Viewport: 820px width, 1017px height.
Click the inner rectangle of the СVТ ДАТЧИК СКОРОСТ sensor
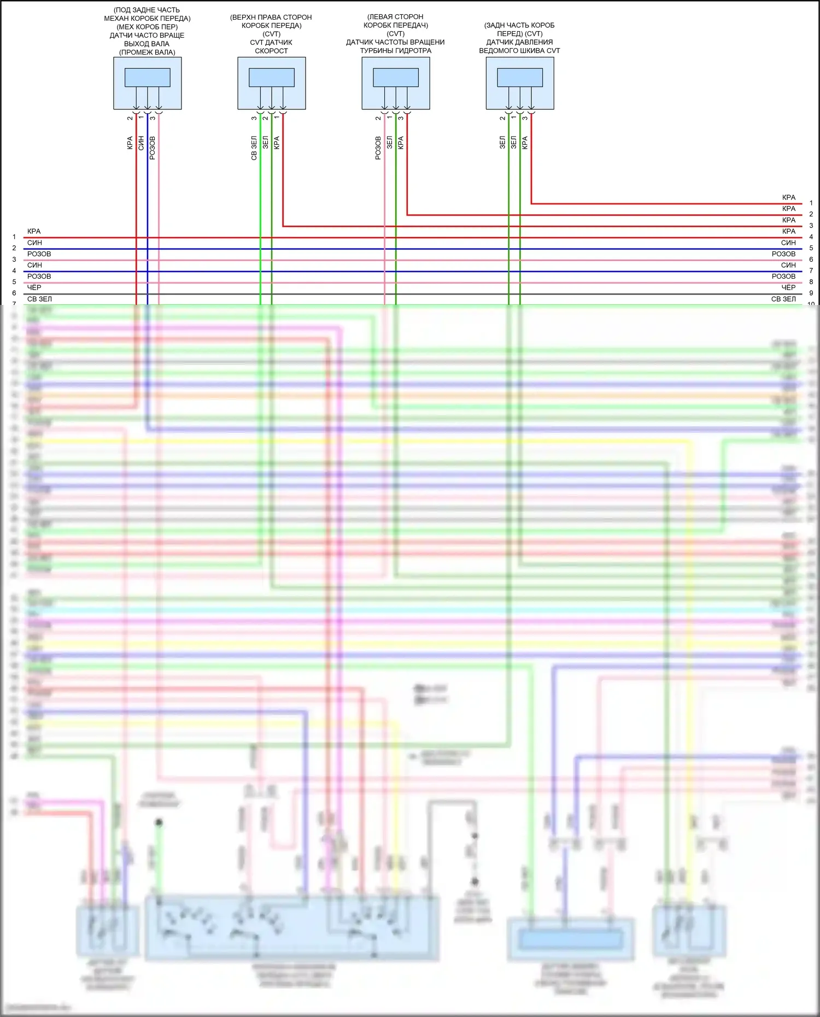pos(271,78)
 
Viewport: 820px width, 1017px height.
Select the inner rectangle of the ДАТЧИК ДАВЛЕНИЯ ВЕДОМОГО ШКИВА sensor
pos(519,78)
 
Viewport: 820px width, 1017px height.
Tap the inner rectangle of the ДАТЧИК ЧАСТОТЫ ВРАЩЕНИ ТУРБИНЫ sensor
pos(395,78)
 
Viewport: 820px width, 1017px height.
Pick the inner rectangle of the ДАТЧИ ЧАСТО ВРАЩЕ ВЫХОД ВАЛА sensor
pos(147,78)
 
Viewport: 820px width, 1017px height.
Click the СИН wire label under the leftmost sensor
pos(141,143)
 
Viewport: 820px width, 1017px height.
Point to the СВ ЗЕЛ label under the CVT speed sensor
pos(254,148)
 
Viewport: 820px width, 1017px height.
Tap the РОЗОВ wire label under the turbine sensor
pos(378,148)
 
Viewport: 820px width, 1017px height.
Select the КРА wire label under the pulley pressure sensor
pos(525,143)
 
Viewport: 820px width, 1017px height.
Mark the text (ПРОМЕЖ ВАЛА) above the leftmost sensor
pos(147,52)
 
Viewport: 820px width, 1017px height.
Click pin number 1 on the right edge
pos(811,203)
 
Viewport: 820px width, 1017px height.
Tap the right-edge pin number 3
pos(811,226)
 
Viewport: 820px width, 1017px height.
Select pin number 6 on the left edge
pos(14,293)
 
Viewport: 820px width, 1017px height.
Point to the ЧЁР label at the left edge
pos(34,287)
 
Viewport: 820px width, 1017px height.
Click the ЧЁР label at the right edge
pos(788,287)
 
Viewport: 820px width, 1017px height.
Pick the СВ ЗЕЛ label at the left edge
pos(39,299)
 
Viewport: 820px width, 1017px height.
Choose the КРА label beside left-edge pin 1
pos(34,231)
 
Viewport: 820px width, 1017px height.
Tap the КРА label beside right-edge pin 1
pos(788,197)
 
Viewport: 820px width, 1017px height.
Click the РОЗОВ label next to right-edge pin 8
pos(783,277)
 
